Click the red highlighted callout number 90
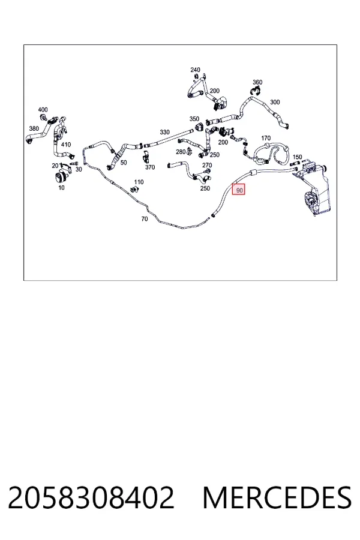click(x=238, y=190)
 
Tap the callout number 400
click(x=43, y=110)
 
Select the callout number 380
click(x=34, y=129)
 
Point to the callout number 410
click(x=66, y=145)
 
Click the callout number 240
click(x=196, y=70)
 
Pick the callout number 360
click(x=257, y=82)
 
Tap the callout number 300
click(x=275, y=102)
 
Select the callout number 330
click(x=164, y=132)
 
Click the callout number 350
click(x=194, y=119)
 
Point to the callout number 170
click(x=266, y=138)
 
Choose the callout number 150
click(x=297, y=157)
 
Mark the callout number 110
click(x=139, y=182)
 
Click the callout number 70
click(x=145, y=218)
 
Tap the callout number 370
click(x=150, y=167)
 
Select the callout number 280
click(x=181, y=152)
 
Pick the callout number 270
click(x=207, y=166)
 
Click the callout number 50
click(x=124, y=163)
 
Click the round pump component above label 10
click(x=61, y=178)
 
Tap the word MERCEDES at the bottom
click(x=277, y=497)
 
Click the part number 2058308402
click(x=91, y=497)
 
